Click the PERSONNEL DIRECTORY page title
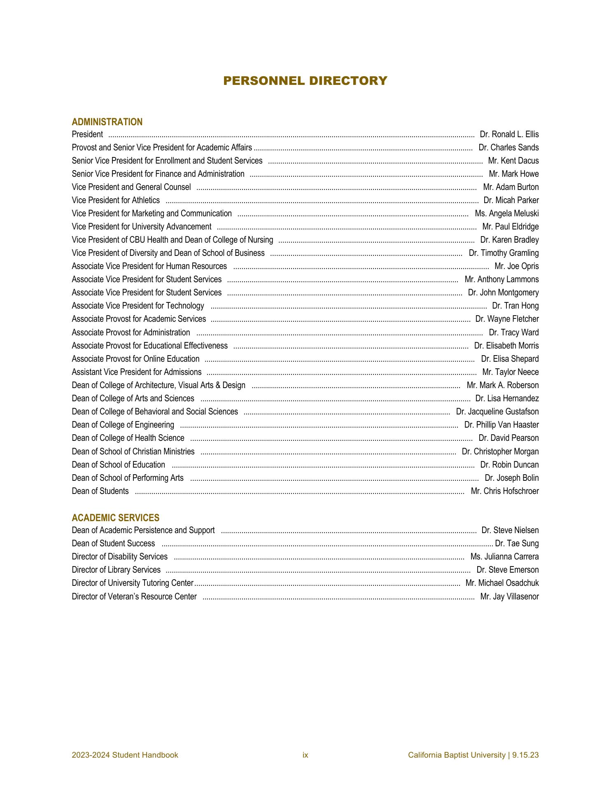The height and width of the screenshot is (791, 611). point(305,81)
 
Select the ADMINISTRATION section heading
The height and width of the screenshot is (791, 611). point(107,122)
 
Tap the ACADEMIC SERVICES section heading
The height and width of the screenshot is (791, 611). point(115,518)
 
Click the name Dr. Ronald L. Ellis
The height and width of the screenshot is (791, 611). point(509,134)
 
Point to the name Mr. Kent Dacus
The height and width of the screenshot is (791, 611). point(513,161)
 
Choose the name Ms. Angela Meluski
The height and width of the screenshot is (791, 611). point(506,213)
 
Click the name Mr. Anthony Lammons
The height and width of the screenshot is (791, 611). point(501,279)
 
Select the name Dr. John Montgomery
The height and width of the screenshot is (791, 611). point(503,293)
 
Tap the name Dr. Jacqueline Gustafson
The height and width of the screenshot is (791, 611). point(497,412)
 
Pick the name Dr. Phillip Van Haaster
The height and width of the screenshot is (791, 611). point(501,425)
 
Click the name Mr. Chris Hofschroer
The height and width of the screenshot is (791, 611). point(504,491)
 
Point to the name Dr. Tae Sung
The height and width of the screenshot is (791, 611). point(516,543)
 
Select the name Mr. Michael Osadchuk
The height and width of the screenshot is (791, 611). point(502,583)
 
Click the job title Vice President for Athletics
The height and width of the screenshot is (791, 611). point(116,200)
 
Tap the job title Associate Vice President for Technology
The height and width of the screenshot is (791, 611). point(138,306)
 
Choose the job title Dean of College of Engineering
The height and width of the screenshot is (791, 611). point(123,425)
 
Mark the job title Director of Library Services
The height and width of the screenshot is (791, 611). point(116,570)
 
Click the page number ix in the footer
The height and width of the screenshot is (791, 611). point(305,755)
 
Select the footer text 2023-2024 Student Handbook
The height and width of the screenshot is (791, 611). point(125,755)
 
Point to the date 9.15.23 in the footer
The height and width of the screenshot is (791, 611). point(526,755)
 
